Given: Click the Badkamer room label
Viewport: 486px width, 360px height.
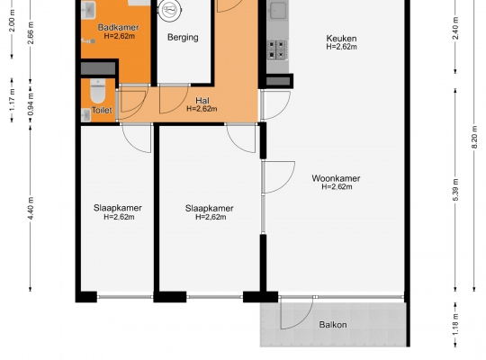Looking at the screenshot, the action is point(119,27).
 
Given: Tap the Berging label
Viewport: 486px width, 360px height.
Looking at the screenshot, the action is point(183,38).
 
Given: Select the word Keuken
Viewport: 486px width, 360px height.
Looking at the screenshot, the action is point(341,39).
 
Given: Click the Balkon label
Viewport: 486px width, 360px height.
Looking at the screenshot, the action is point(333,325).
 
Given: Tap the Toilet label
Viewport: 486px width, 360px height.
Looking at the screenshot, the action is point(102,110).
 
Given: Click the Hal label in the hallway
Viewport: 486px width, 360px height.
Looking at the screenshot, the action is point(202,101).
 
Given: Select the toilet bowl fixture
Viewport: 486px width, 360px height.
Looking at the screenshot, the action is point(98,91).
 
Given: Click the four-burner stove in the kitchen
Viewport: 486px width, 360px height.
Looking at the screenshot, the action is point(276,49).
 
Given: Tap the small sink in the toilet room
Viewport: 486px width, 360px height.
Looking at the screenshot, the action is point(85,115).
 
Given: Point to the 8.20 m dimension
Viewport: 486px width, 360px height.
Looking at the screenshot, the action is point(474,137).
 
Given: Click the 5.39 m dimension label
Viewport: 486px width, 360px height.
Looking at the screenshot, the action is point(455,190).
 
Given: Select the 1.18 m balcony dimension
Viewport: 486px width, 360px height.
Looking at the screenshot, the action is point(455,325).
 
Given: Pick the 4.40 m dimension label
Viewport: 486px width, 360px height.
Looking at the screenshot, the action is point(31,208).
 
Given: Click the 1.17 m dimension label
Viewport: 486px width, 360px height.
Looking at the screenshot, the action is point(12,100).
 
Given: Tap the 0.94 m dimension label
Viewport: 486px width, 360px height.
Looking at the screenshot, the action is point(31,103).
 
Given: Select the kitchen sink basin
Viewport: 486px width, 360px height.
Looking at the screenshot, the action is point(278,11).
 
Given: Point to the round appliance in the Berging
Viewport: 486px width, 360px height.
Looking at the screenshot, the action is point(169,10).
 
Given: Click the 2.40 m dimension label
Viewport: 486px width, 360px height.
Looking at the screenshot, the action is point(455,28).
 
